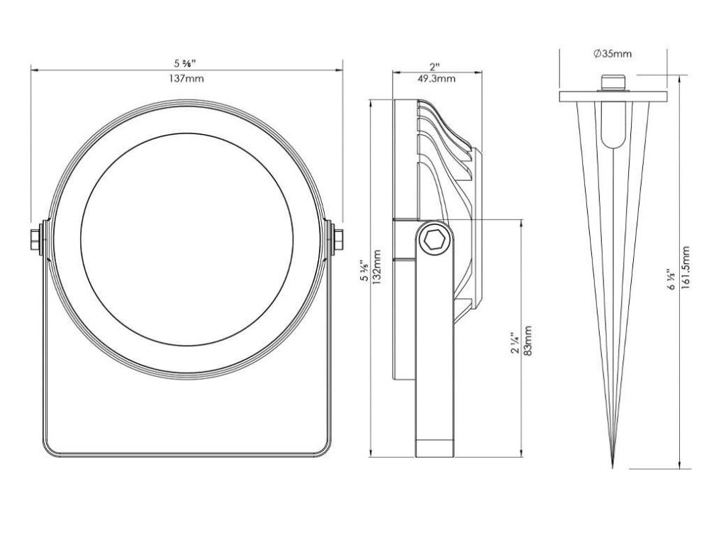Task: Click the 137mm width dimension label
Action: tap(186, 78)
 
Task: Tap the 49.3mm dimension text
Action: tap(436, 78)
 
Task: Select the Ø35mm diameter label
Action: tap(613, 54)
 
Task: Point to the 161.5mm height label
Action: tap(686, 268)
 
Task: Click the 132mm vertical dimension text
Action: tap(377, 268)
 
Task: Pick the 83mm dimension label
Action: tap(527, 341)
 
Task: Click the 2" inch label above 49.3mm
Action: tap(434, 67)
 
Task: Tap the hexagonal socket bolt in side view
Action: tap(435, 241)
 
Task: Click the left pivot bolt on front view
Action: tap(36, 240)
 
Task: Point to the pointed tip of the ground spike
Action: tap(612, 466)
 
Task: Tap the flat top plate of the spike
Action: tap(613, 97)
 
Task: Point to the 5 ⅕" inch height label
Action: tap(365, 270)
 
